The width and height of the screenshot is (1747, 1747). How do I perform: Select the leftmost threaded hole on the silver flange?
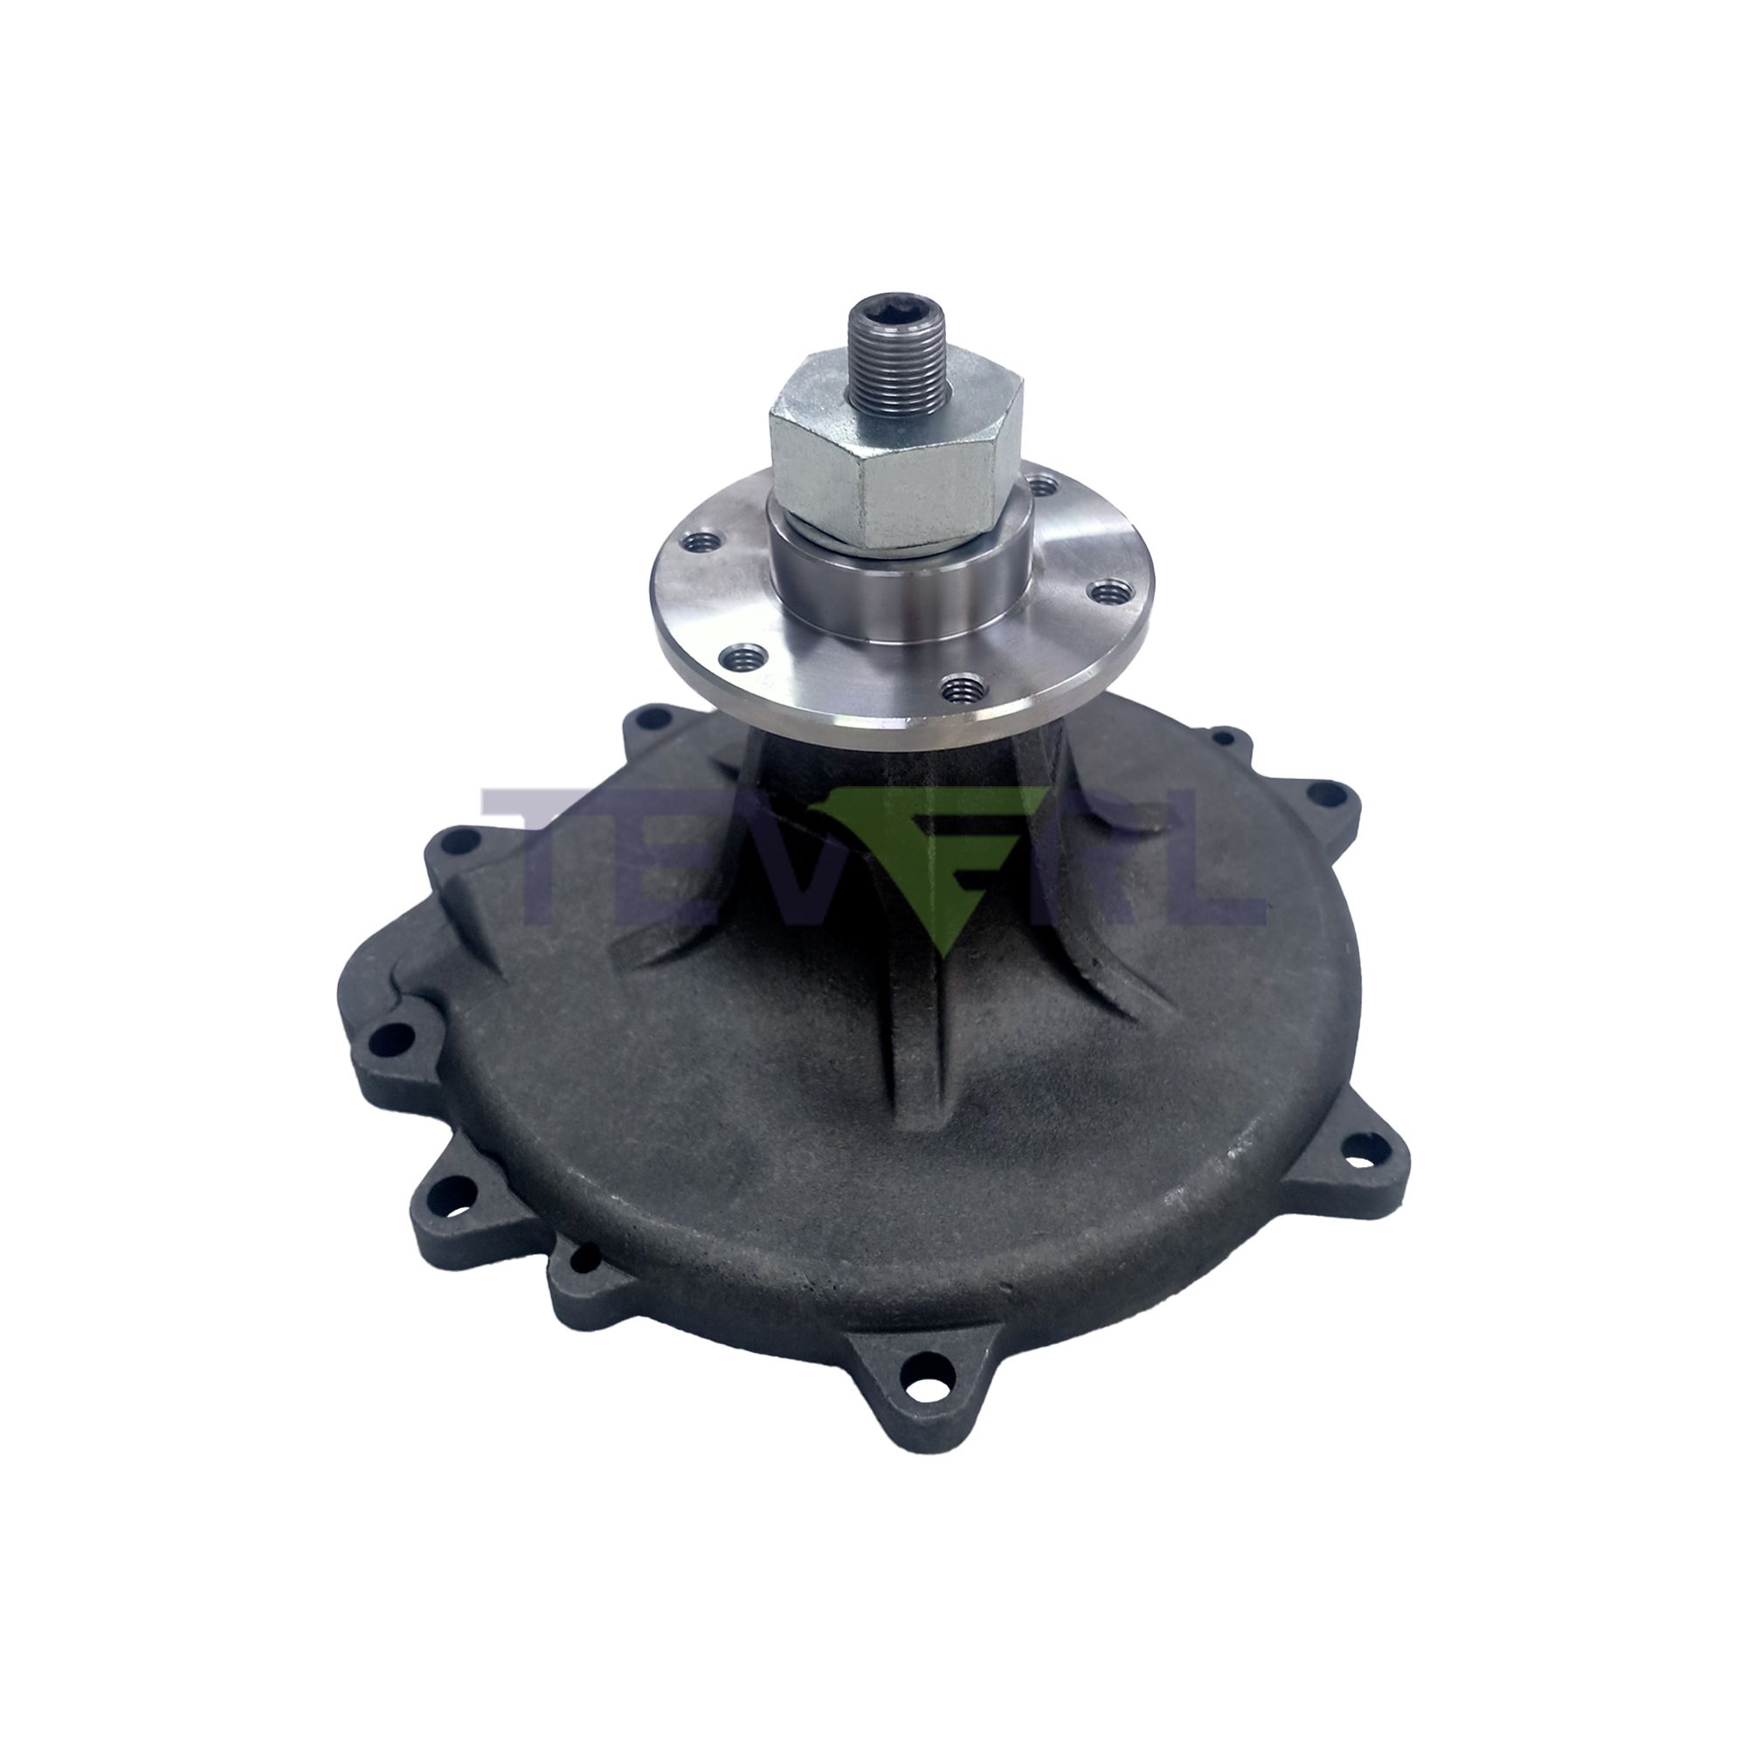[x=701, y=568]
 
